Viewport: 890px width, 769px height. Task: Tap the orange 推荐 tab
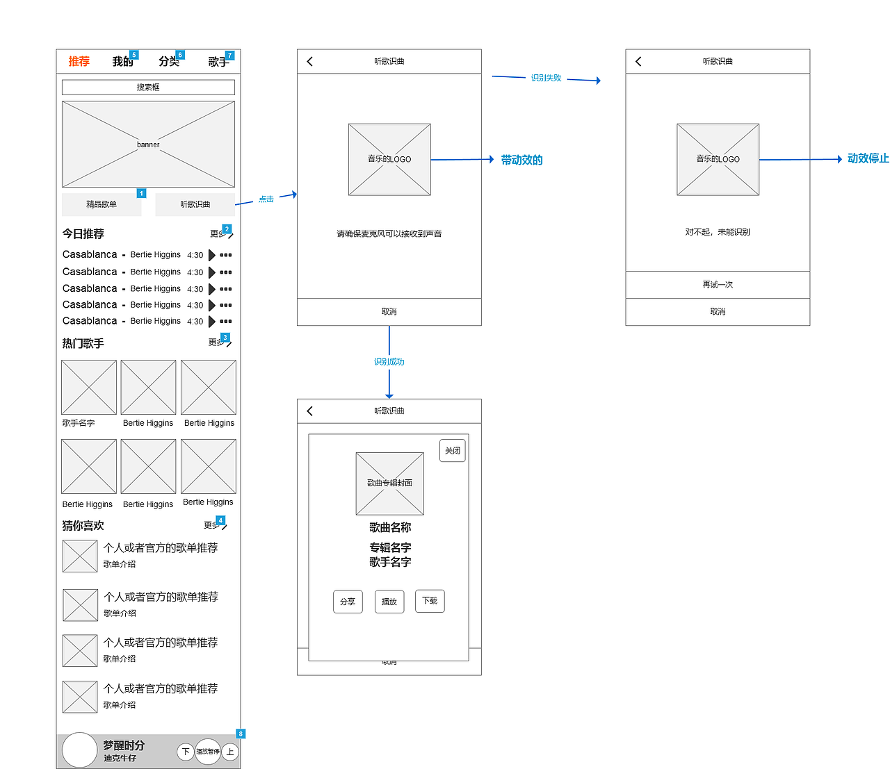click(79, 61)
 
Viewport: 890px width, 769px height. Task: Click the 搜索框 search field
click(148, 88)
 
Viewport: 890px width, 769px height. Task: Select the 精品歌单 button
click(102, 204)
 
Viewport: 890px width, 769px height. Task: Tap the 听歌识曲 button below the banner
click(195, 204)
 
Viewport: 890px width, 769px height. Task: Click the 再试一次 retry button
click(718, 285)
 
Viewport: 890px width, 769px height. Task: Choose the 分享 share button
click(348, 602)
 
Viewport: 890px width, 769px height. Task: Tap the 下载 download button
click(430, 601)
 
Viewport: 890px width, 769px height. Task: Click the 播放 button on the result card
click(389, 602)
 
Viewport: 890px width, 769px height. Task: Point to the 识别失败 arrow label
click(546, 78)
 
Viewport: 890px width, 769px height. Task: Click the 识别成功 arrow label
click(389, 362)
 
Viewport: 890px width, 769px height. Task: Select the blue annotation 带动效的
click(521, 160)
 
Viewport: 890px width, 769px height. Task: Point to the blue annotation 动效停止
click(868, 158)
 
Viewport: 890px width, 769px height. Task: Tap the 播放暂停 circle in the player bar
click(208, 752)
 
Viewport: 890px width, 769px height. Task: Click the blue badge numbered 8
click(241, 734)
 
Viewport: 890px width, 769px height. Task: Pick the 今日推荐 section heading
click(83, 234)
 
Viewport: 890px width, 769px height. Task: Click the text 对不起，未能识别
click(718, 232)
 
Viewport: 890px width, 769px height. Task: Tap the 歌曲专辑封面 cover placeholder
click(389, 483)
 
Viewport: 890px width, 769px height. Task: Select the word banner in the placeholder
click(148, 144)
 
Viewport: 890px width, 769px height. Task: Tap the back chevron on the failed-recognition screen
click(638, 61)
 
